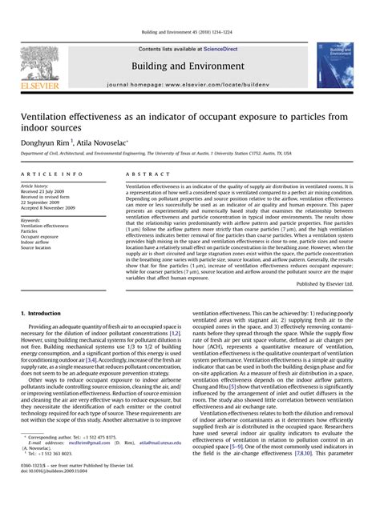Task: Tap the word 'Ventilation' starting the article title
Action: (53, 116)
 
